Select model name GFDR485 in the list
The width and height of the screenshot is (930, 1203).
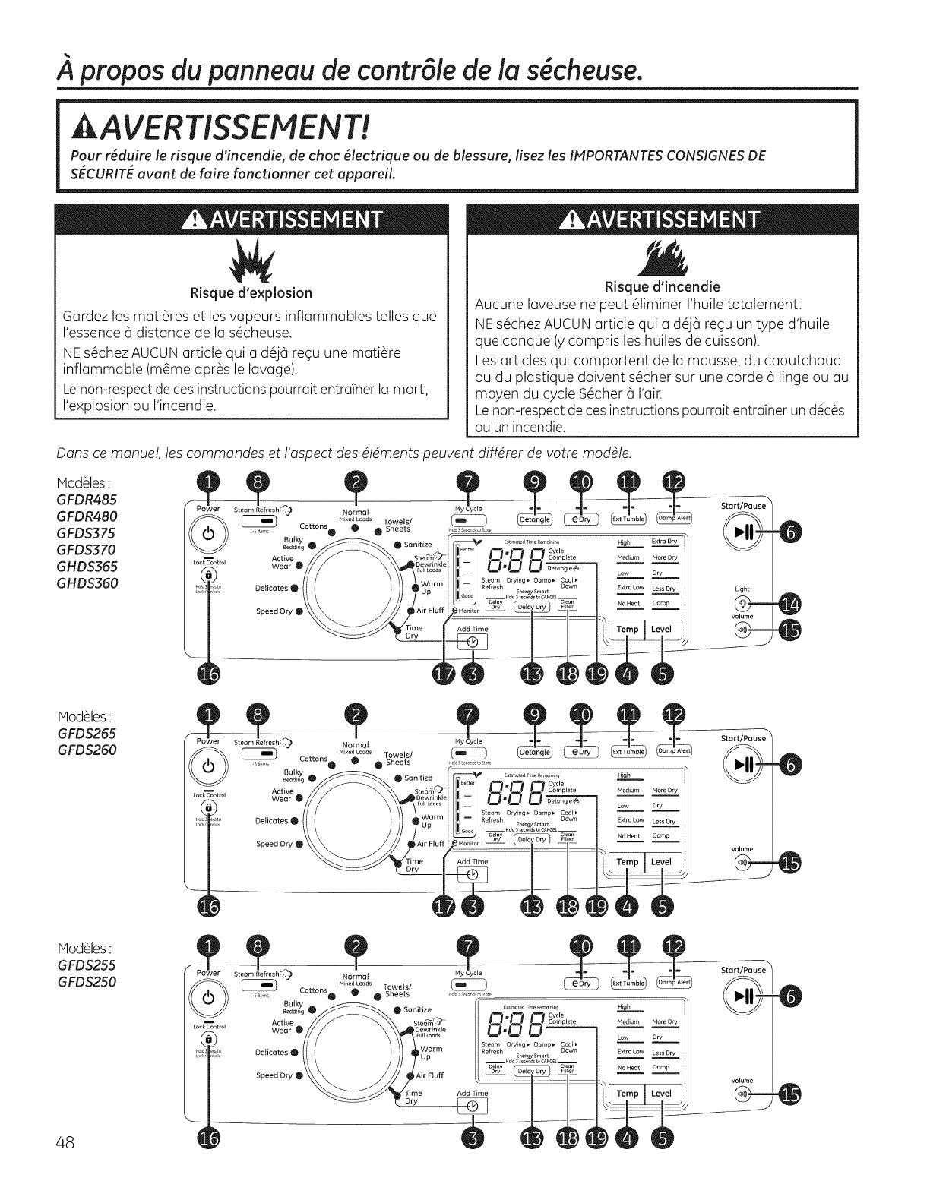pos(87,500)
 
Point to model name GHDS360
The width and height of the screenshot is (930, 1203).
pos(87,583)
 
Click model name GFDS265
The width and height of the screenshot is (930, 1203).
pos(87,733)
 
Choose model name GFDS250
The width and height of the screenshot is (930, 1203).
pos(87,981)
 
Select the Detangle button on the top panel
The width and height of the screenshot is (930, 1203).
pos(534,519)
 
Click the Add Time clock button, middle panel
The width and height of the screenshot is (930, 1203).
pos(473,874)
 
